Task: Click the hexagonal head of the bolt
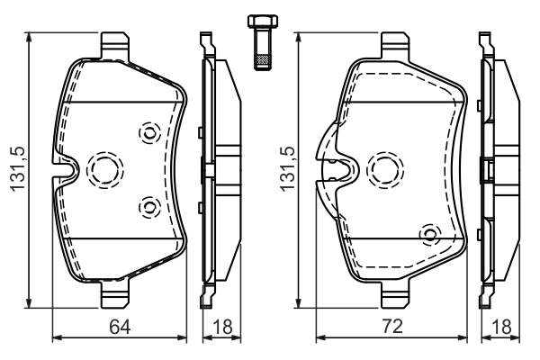pos(262,22)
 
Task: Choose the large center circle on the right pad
pos(388,166)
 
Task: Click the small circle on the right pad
pos(430,235)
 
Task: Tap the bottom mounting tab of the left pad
pos(114,294)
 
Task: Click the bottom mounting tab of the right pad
pos(397,294)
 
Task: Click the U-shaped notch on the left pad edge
pos(66,168)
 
